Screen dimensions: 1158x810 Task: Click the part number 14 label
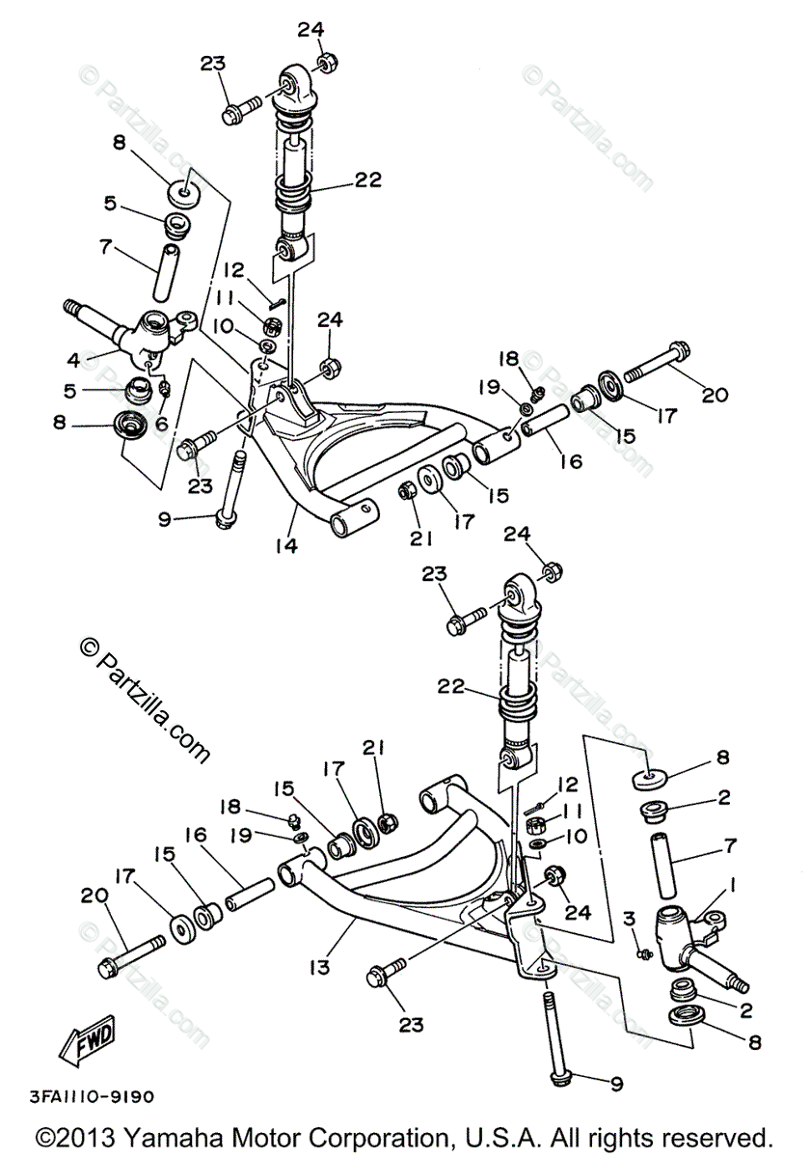pyautogui.click(x=285, y=545)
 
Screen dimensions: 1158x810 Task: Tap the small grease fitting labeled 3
pyautogui.click(x=643, y=953)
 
